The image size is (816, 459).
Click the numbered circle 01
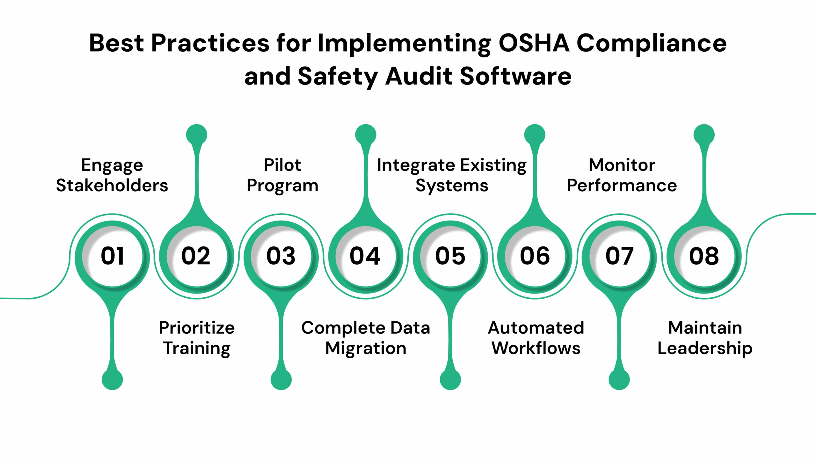click(x=112, y=256)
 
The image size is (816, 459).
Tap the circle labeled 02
click(x=197, y=256)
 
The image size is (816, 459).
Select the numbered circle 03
click(x=281, y=256)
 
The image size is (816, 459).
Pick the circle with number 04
click(x=366, y=256)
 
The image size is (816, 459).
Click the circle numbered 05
click(x=450, y=256)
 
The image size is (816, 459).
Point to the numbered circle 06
click(x=535, y=256)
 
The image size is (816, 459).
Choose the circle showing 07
click(x=619, y=256)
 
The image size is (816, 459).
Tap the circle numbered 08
click(x=704, y=256)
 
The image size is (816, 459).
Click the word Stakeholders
click(x=112, y=186)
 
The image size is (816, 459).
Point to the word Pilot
click(x=282, y=165)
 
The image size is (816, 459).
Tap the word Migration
click(x=366, y=348)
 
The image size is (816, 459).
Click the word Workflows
click(x=536, y=348)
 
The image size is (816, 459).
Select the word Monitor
click(x=622, y=165)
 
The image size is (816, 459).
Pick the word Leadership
click(x=705, y=348)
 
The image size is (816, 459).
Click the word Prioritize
click(x=197, y=328)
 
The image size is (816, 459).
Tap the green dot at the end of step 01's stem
click(x=112, y=380)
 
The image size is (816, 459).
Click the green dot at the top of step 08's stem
click(x=704, y=135)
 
